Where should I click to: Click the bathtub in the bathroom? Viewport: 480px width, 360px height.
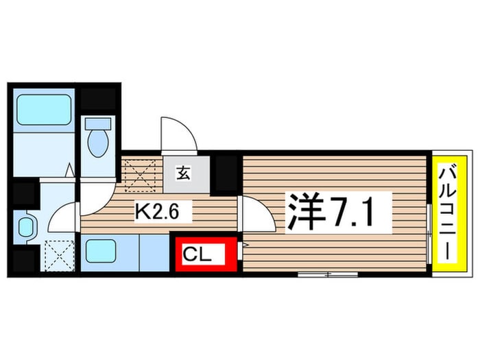[44, 110]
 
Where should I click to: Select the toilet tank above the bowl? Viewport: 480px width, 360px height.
[98, 123]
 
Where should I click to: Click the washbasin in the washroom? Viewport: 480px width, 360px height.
[26, 227]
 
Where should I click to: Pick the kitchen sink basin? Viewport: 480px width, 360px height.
[101, 251]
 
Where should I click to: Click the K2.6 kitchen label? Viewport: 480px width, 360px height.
[157, 211]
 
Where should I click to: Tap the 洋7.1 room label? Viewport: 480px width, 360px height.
[330, 213]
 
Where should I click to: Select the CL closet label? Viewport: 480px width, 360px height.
[197, 254]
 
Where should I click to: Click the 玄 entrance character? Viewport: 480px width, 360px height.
[183, 174]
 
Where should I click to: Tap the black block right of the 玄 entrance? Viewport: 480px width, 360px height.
[226, 173]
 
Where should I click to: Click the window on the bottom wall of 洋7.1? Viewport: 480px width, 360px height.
[328, 274]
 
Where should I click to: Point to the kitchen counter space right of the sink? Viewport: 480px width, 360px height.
[154, 252]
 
